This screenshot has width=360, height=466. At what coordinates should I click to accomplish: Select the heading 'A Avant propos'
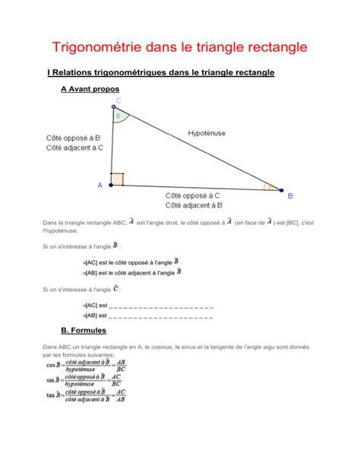pos(89,89)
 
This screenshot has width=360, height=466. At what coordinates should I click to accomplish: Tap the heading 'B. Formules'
pos(83,331)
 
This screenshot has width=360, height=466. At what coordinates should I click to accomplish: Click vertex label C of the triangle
pos(118,100)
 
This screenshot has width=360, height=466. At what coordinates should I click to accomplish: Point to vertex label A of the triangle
pos(99,185)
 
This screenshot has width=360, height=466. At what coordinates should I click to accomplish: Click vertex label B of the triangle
pos(289,196)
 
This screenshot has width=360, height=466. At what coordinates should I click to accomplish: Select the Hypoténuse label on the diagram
pos(207,133)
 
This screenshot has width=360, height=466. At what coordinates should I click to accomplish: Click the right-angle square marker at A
pos(116,179)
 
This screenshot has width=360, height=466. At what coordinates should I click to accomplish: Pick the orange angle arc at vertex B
pos(267,185)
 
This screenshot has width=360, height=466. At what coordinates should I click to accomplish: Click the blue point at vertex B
pos(280,190)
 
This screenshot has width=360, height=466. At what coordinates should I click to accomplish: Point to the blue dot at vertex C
pos(112,107)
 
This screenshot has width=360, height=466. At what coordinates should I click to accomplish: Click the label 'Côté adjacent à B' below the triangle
pos(194,205)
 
